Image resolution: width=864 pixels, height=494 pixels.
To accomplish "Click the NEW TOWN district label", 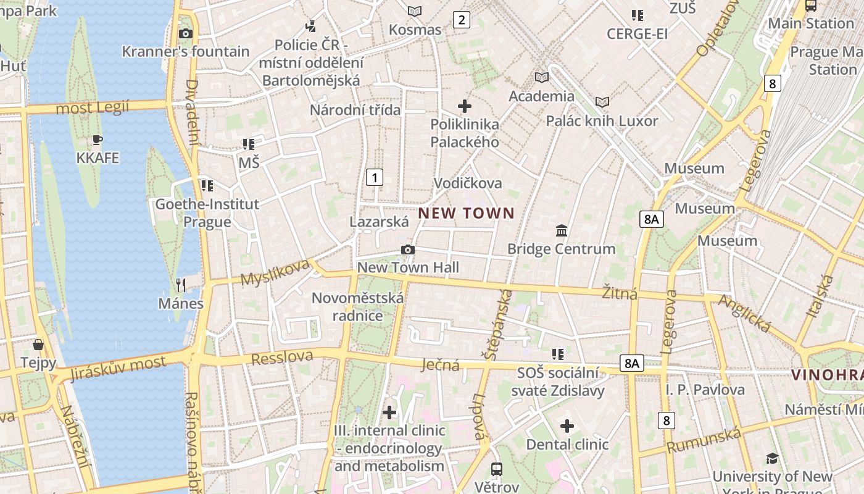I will click(x=466, y=214).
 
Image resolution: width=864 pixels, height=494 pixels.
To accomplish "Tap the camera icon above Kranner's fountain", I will click(x=185, y=33).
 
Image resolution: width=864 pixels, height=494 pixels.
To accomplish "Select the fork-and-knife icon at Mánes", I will click(x=181, y=285).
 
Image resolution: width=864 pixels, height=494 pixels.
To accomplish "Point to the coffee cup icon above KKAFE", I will click(x=97, y=140).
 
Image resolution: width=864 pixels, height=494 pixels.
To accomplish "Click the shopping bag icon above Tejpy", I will click(x=38, y=344).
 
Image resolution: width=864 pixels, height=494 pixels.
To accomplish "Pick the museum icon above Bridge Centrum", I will click(x=562, y=230).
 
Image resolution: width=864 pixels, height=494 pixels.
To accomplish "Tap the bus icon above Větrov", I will click(x=497, y=469).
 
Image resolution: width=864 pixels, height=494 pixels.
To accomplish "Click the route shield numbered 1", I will click(x=374, y=177).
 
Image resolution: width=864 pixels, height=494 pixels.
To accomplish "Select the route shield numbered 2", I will click(x=461, y=20).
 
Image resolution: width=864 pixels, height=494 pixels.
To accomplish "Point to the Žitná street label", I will click(x=620, y=293).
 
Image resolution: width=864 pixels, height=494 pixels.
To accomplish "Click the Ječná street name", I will click(x=440, y=365).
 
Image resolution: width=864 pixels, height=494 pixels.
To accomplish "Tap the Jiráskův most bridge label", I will click(x=118, y=368).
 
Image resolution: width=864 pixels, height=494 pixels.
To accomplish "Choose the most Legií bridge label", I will click(x=93, y=108).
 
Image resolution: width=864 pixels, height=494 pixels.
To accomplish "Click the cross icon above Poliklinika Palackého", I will click(x=465, y=106).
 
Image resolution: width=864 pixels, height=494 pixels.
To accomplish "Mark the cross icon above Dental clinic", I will click(x=567, y=426).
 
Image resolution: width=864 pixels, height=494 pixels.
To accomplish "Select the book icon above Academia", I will click(x=541, y=77).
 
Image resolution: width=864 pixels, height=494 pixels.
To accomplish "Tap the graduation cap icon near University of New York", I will click(x=772, y=458).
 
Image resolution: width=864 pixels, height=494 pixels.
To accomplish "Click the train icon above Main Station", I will click(x=811, y=6).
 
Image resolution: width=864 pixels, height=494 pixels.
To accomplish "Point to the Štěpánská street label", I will click(x=500, y=324).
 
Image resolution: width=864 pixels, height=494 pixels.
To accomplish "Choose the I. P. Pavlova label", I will click(x=705, y=390).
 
